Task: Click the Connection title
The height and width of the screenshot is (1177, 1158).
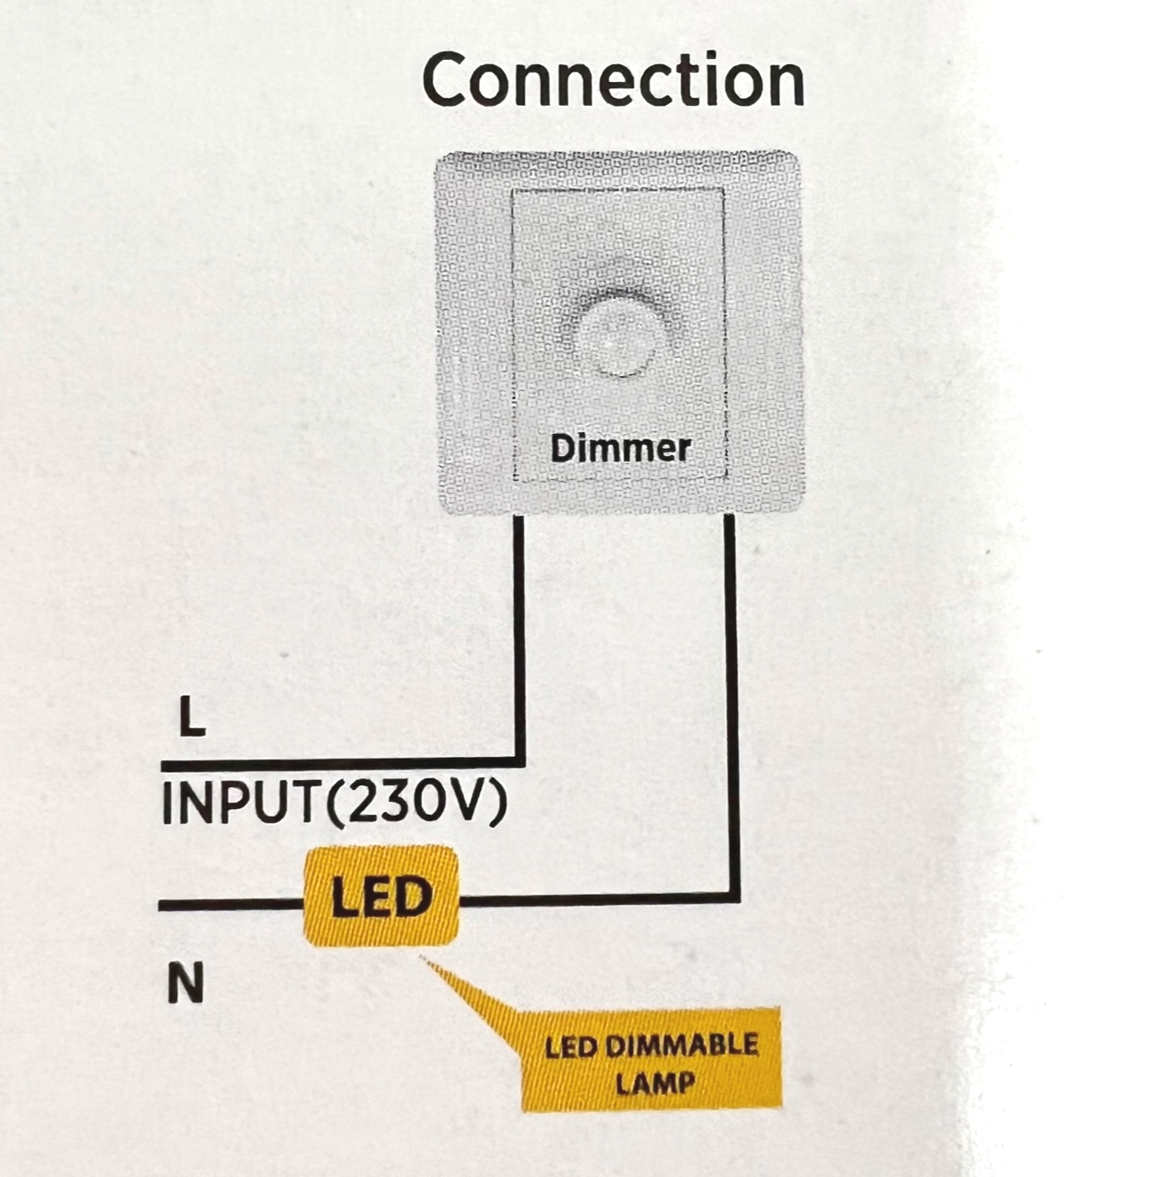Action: pos(613,80)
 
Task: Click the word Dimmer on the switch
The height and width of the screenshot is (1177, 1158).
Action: pos(620,449)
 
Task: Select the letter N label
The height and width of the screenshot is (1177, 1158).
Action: pos(185,985)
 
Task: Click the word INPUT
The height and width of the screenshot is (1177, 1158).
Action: pos(241,804)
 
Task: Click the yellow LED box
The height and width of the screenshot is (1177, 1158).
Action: pos(380,897)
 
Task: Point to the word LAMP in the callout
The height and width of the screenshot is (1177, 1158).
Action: pos(654,1083)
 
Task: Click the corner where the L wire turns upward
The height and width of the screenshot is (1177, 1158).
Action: pos(519,762)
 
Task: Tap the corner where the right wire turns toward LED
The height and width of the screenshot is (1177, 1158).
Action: pos(733,897)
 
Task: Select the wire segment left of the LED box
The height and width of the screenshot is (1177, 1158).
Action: pos(230,905)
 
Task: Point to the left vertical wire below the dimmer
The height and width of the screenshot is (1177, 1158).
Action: pos(519,634)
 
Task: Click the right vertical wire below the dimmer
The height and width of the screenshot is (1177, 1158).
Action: pos(732,699)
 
